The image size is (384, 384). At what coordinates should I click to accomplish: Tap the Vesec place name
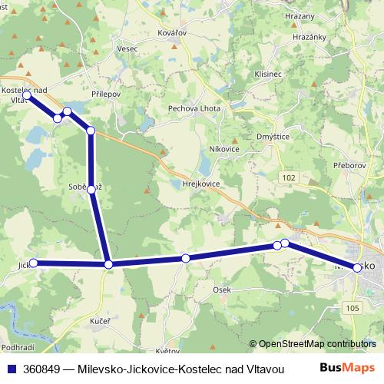127,48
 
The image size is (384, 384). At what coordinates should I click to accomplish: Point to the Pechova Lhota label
194,108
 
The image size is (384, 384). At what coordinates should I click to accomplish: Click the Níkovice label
224,148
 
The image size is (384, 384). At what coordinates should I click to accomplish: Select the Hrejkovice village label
203,184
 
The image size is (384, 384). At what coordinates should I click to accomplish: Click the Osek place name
222,290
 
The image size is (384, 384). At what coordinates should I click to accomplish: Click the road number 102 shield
289,177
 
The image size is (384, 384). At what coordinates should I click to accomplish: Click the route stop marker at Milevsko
357,267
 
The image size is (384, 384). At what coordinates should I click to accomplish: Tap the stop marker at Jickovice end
32,263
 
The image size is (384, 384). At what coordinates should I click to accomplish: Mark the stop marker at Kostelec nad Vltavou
27,95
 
